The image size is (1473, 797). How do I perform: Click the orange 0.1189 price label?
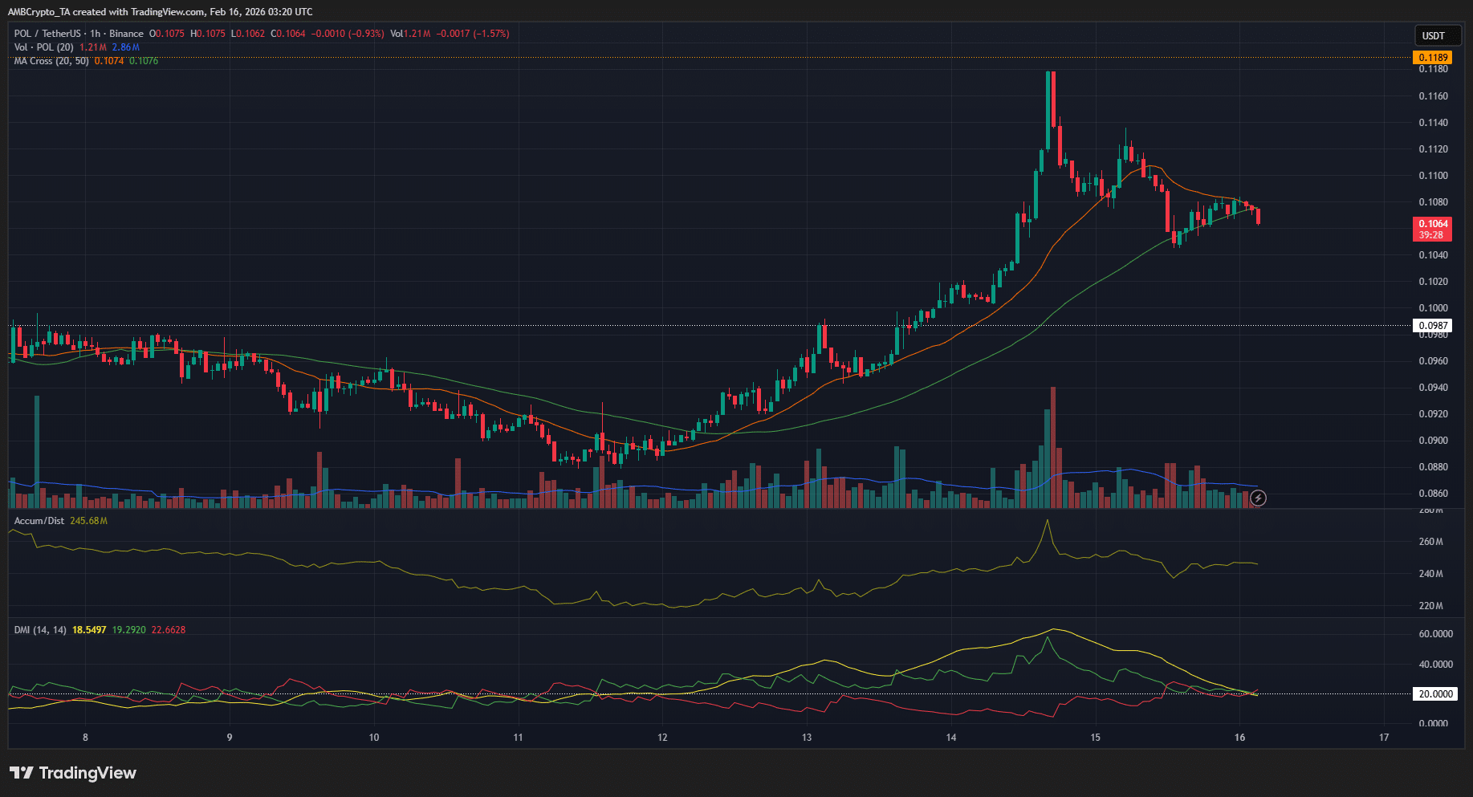tap(1433, 57)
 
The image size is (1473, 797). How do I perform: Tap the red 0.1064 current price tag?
tap(1433, 229)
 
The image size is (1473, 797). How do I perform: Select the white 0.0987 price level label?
tap(1433, 326)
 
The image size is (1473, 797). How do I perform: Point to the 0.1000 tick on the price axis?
tap(1433, 308)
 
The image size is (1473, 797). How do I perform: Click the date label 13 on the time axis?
tap(807, 738)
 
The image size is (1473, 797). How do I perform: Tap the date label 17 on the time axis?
tap(1384, 738)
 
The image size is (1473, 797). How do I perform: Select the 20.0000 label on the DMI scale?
tap(1434, 694)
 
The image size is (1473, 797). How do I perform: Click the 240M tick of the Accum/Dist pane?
tap(1430, 574)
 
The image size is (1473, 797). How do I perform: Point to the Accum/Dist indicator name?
tap(39, 521)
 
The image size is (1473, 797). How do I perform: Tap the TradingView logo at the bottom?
tap(73, 773)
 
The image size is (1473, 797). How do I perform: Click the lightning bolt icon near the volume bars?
tap(1259, 498)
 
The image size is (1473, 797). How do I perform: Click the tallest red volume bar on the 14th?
tap(1052, 445)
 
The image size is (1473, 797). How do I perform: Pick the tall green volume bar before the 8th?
tap(37, 449)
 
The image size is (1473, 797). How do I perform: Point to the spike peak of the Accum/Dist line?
tap(1047, 521)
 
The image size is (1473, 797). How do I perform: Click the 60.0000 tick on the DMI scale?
tap(1435, 634)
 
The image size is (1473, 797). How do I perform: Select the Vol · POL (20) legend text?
tap(44, 47)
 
